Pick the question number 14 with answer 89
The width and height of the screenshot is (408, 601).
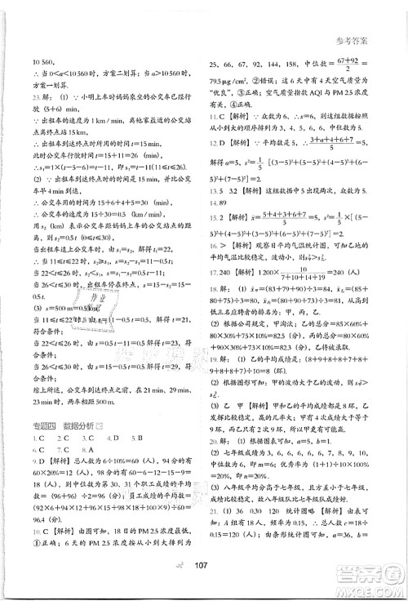click(215, 201)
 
